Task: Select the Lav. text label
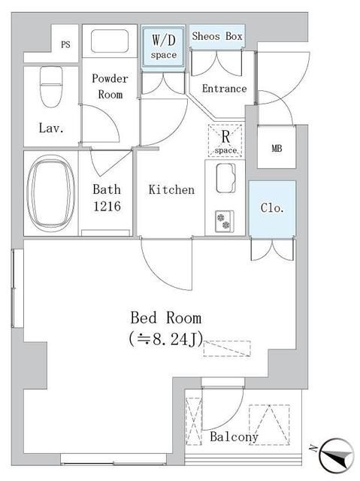point(51,128)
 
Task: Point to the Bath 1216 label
point(107,197)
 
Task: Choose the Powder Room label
point(110,86)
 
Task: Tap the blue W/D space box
point(165,47)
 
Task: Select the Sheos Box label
point(216,36)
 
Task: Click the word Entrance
point(224,89)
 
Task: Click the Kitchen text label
point(171,189)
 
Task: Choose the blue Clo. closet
point(272,209)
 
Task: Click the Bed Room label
point(166,317)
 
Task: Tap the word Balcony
point(234,437)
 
